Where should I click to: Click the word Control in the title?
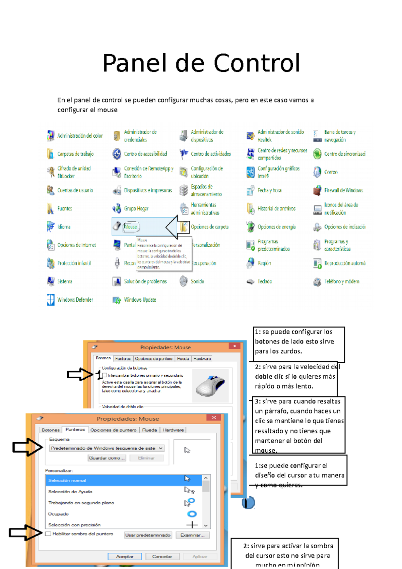point(257,63)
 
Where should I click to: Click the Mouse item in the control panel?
point(130,227)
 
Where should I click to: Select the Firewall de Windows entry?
point(343,190)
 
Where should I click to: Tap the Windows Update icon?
point(117,300)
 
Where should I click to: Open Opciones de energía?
point(276,227)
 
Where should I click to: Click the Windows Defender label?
point(75,300)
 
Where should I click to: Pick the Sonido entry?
point(197,281)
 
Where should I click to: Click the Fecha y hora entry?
point(269,190)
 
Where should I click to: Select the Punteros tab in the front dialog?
point(75,430)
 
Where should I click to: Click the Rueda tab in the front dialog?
point(149,430)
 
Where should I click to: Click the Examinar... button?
point(192,535)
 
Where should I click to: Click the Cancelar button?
point(162,556)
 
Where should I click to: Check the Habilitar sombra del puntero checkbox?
point(48,534)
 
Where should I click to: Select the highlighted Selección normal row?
point(124,480)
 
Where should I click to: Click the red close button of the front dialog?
point(214,418)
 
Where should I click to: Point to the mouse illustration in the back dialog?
point(210,385)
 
